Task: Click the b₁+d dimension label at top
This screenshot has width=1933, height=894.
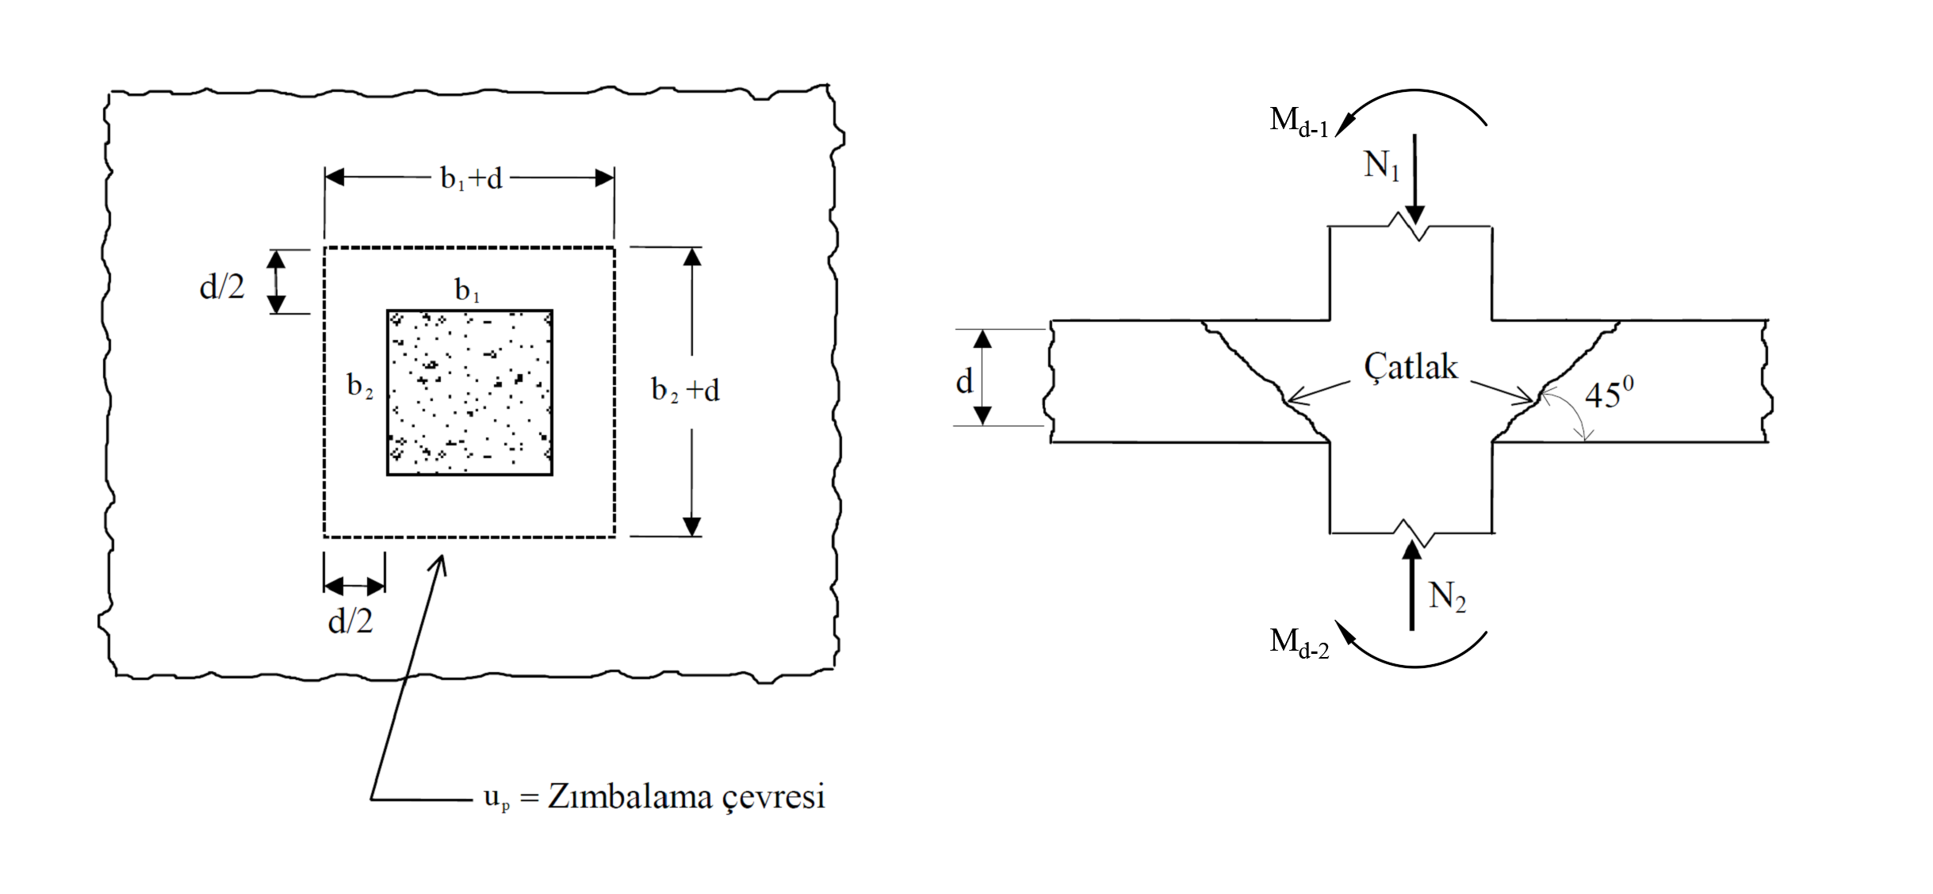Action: [x=472, y=179]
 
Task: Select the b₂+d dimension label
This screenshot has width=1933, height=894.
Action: [x=685, y=390]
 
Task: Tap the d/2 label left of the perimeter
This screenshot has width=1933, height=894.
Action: [x=222, y=287]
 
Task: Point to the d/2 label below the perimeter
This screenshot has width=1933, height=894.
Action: [x=350, y=621]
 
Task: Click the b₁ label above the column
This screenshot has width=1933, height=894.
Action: [x=467, y=291]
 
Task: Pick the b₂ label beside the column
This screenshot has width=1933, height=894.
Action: [x=360, y=386]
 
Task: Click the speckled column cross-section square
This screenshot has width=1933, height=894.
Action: [x=469, y=393]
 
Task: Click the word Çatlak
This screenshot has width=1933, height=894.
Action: [x=1411, y=367]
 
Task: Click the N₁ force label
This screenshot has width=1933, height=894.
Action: [x=1382, y=166]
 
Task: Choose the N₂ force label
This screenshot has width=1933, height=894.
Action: [x=1447, y=596]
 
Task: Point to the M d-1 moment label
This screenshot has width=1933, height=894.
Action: [x=1299, y=121]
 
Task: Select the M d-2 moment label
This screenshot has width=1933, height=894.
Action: [x=1299, y=642]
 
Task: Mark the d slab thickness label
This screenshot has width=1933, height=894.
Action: [x=964, y=382]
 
